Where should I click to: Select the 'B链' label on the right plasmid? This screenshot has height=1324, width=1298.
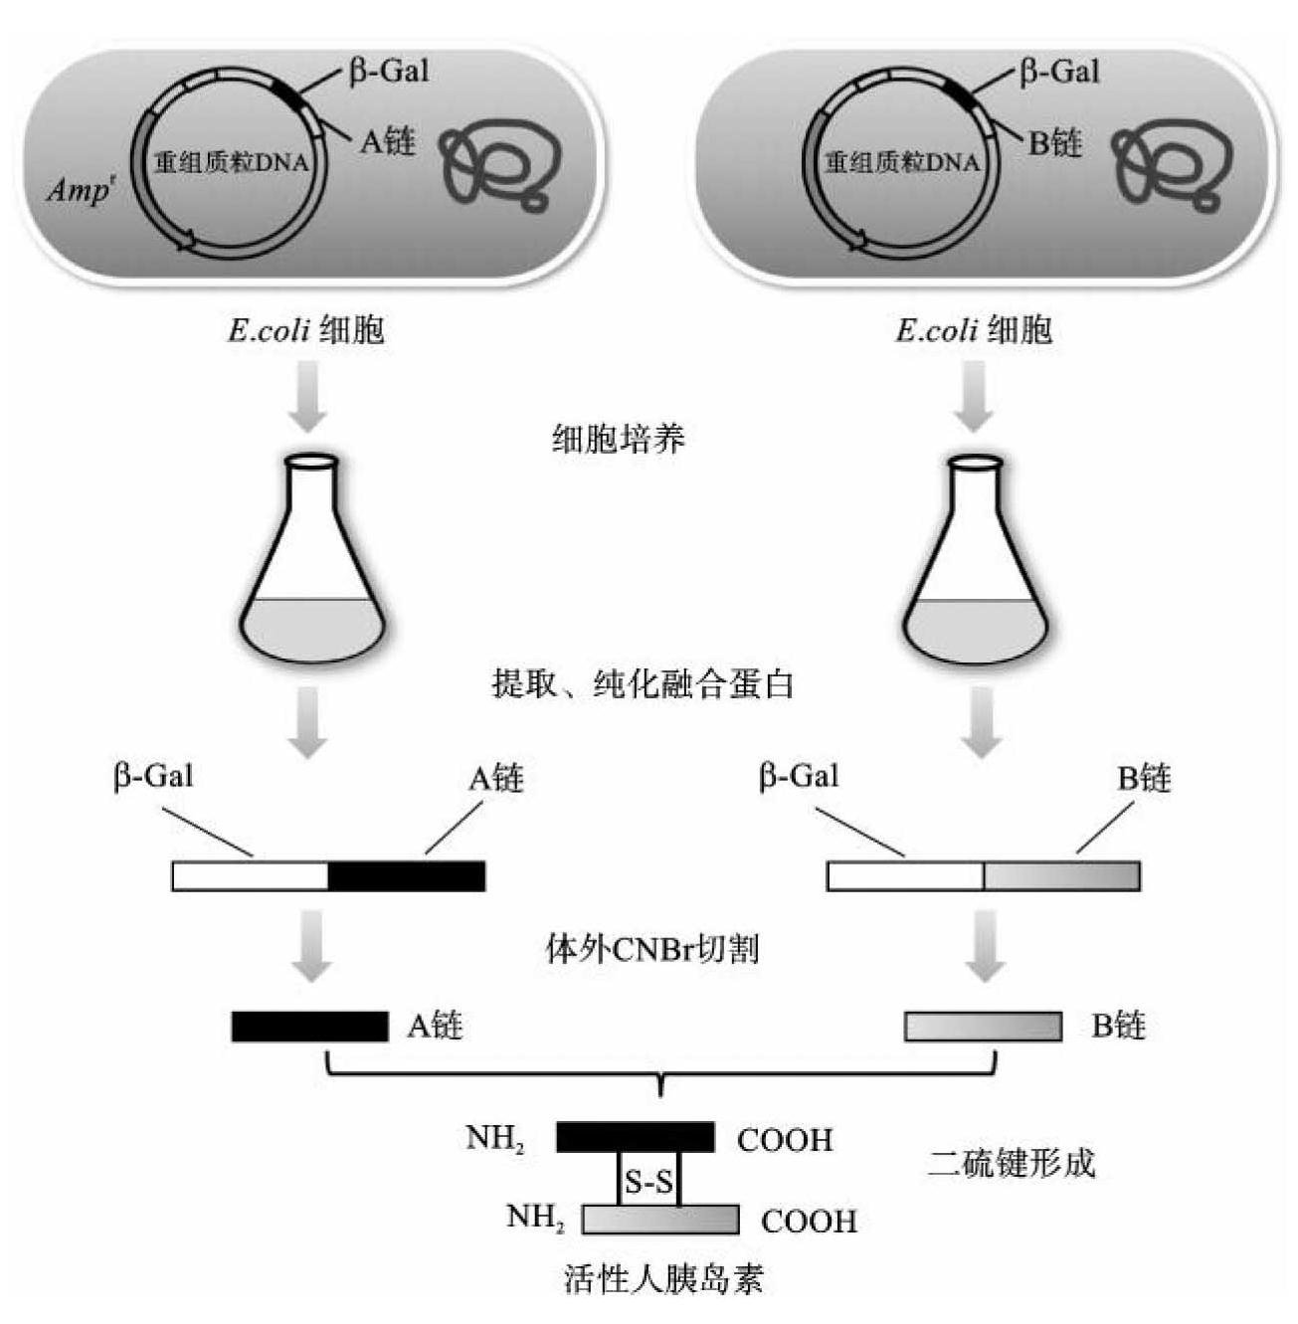coord(1055,143)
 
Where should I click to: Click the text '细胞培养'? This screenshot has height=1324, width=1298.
coord(619,439)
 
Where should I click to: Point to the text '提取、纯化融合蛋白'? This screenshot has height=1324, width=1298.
coord(643,684)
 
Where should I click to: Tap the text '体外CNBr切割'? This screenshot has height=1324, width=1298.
coord(651,949)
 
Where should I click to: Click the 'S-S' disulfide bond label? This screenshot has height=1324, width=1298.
coord(649,1183)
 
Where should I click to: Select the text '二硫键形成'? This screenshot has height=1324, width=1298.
coord(1012,1163)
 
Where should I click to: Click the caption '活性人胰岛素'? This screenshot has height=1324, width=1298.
coord(663,1278)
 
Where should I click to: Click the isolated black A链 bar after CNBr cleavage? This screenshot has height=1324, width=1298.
coord(309,1027)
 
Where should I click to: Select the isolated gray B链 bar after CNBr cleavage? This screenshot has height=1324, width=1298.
coord(983,1027)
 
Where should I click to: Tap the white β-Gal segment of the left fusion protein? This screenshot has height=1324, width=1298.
coord(251,876)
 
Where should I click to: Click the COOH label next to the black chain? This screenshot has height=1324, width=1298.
coord(785,1140)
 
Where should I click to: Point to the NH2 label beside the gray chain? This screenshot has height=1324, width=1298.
coord(535,1218)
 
